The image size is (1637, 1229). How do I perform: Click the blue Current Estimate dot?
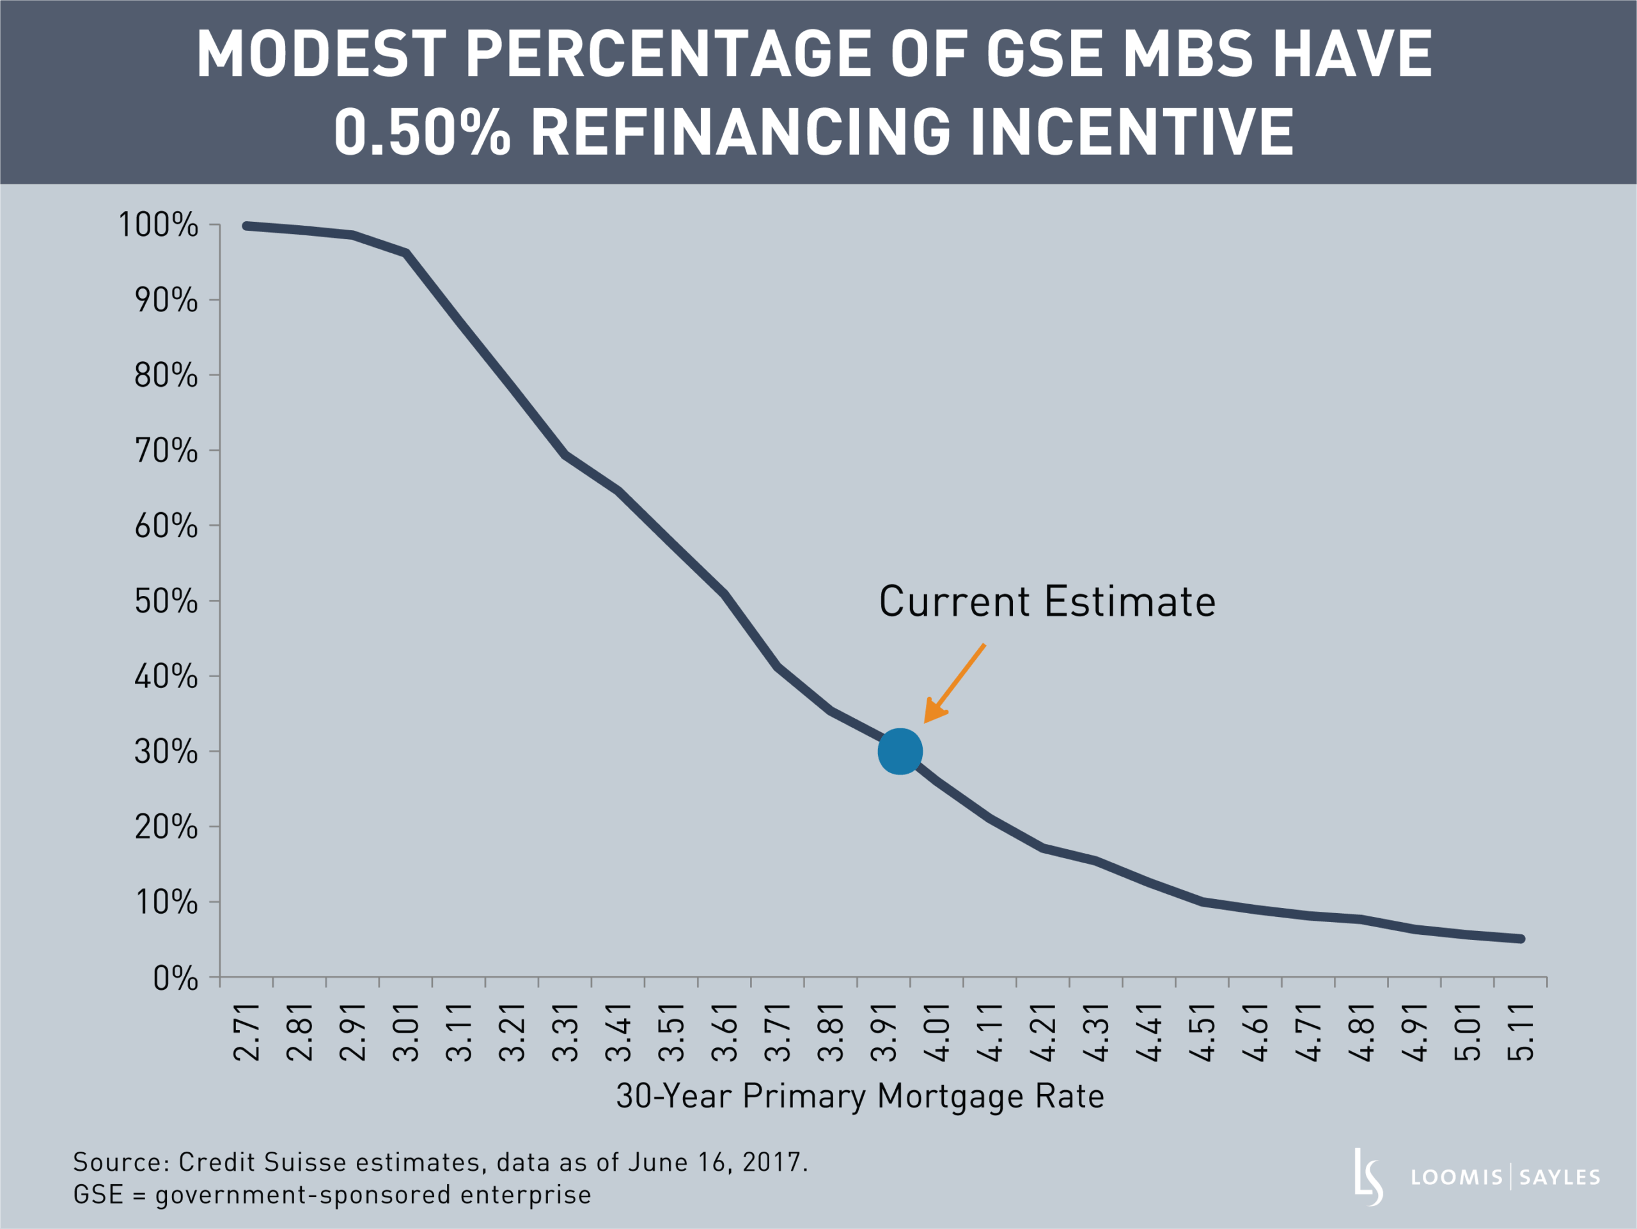[900, 751]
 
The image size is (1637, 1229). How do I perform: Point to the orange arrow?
[954, 684]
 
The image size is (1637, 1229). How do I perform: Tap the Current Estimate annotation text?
[1046, 601]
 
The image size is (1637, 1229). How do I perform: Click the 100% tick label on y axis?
[159, 225]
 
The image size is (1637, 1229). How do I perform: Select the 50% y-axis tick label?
[166, 601]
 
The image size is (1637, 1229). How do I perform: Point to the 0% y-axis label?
[175, 979]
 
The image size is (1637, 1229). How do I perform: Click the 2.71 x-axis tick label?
[246, 1033]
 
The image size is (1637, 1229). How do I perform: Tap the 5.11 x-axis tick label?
[1520, 1033]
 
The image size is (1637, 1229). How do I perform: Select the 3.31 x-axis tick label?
[565, 1033]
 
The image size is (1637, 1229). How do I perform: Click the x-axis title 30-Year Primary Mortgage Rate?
[860, 1096]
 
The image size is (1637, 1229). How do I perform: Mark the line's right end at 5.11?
[1520, 939]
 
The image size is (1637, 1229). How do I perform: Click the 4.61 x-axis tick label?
[1255, 1033]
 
